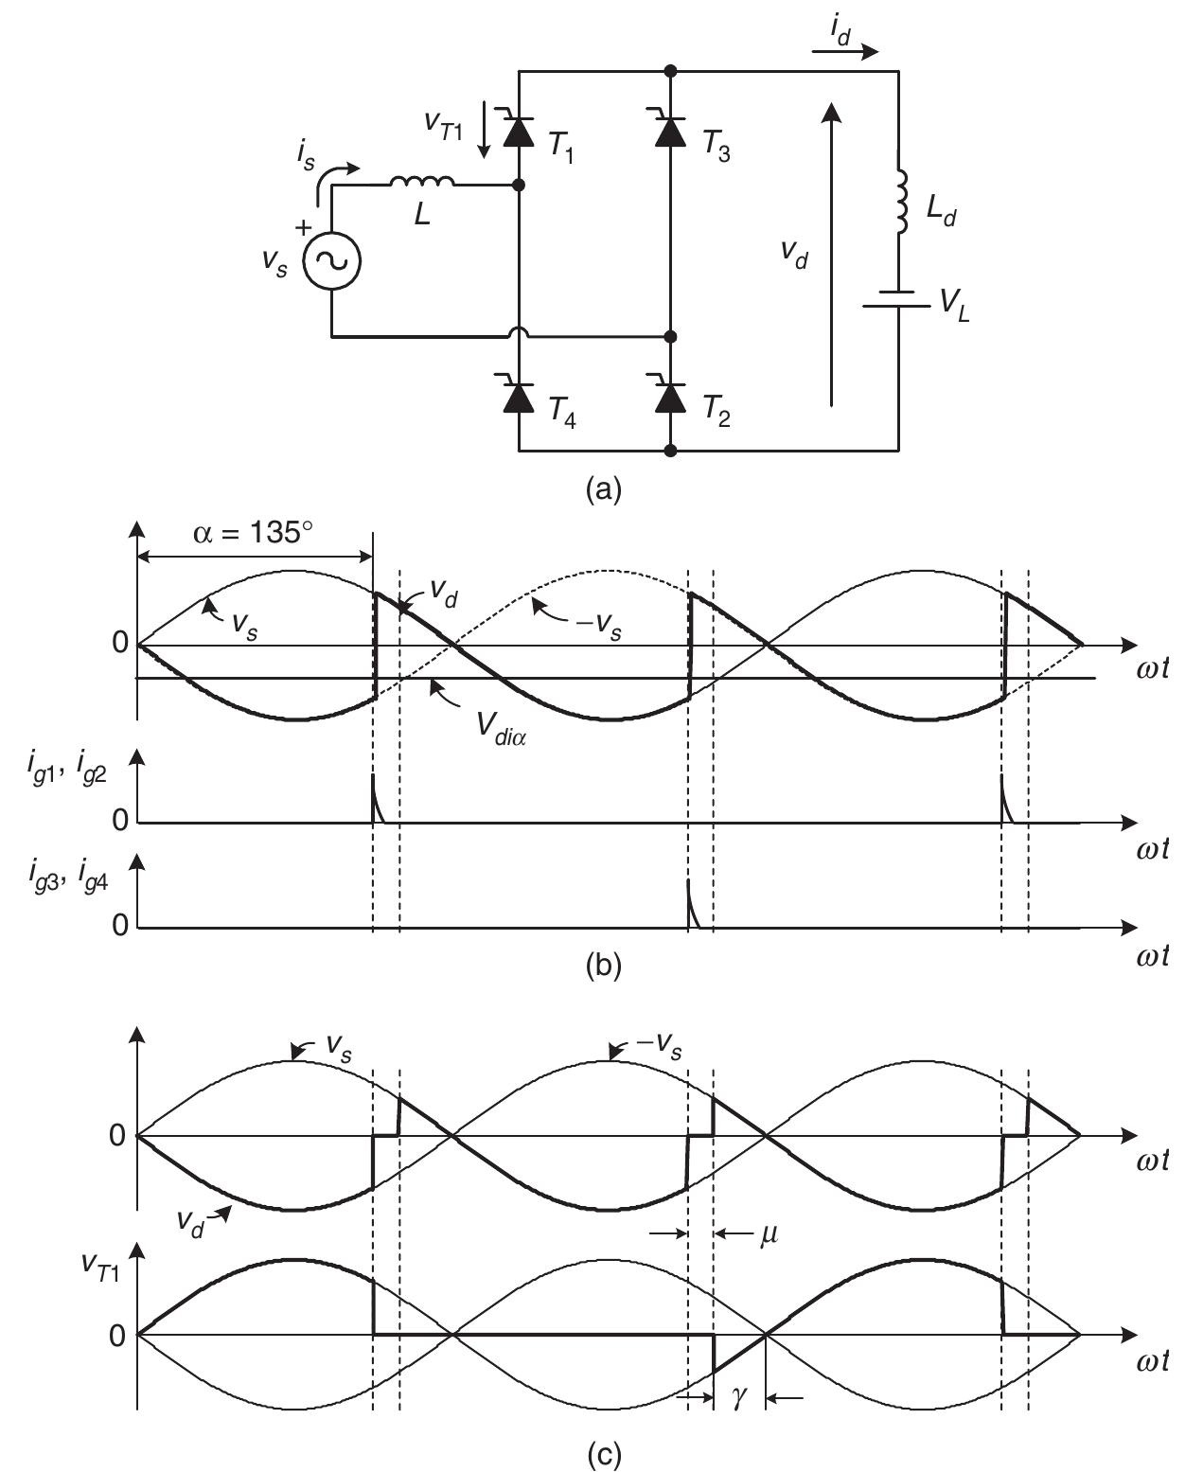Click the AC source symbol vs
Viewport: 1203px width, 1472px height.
(x=331, y=260)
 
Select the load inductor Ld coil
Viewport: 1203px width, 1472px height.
(x=901, y=201)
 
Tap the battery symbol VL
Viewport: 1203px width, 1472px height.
(x=897, y=299)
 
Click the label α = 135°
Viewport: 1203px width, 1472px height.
(x=253, y=533)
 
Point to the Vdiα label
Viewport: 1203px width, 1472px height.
(x=501, y=729)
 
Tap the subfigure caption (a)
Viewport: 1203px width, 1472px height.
(x=604, y=489)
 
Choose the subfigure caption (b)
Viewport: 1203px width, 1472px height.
(x=604, y=966)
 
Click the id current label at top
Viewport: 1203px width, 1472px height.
(x=840, y=31)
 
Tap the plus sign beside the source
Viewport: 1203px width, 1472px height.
(x=303, y=227)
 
